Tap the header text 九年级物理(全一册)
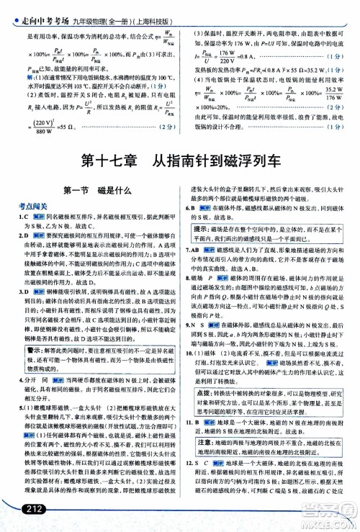click(x=95, y=9)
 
